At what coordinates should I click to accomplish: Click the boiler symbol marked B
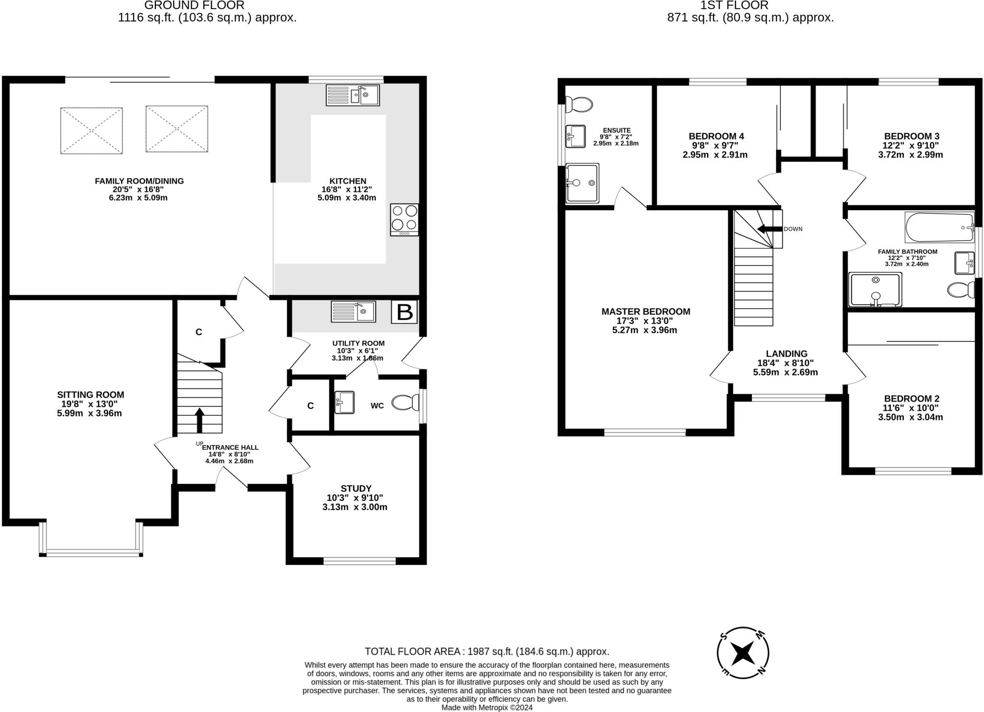click(404, 312)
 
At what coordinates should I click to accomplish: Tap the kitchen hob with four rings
click(405, 219)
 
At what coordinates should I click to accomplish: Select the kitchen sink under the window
click(353, 95)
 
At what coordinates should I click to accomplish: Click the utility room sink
click(353, 312)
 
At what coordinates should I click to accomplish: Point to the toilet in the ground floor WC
click(405, 403)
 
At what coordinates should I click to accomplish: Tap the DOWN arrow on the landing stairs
click(769, 229)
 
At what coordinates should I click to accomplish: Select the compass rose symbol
click(743, 652)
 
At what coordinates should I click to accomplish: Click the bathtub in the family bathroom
click(939, 228)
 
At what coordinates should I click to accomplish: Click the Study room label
click(356, 489)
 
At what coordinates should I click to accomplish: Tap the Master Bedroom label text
click(645, 312)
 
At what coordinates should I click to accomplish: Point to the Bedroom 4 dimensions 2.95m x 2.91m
click(715, 155)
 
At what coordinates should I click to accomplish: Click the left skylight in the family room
click(91, 131)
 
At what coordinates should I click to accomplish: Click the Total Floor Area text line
click(487, 652)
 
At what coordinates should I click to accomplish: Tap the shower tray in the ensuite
click(582, 183)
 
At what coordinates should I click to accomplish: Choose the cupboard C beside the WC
click(310, 406)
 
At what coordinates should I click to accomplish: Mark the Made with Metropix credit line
click(487, 708)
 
